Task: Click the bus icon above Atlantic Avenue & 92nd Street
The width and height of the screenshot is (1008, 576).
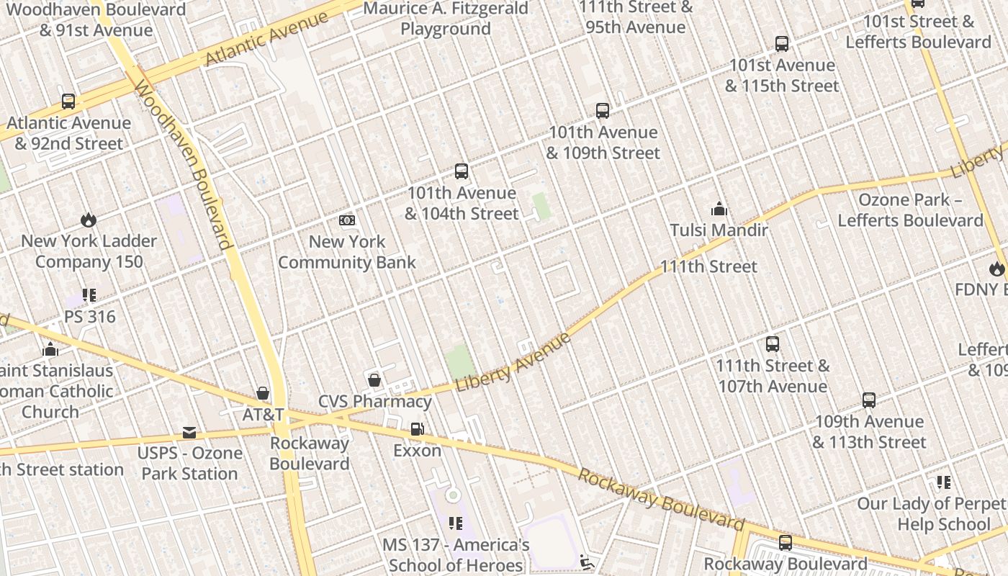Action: point(68,102)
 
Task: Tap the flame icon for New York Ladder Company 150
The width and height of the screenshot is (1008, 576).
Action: point(89,220)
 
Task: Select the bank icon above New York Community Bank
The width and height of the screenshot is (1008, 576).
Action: point(347,220)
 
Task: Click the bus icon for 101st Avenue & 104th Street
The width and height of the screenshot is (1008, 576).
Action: point(462,171)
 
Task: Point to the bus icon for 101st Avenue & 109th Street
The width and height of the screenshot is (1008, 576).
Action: point(603,111)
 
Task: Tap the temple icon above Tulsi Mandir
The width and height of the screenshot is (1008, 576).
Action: point(719,210)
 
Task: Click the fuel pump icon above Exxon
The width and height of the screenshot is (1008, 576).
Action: point(417,429)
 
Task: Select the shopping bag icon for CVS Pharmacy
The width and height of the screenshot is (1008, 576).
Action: point(374,379)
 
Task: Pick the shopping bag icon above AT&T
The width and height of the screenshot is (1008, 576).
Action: point(263,393)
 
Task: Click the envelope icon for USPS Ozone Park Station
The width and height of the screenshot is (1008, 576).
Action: point(189,432)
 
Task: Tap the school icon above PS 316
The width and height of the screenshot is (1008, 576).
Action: point(89,295)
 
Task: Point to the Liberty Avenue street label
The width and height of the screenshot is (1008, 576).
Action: point(513,362)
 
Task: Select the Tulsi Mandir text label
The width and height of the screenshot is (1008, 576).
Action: point(719,230)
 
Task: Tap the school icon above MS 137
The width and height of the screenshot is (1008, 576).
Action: point(455,523)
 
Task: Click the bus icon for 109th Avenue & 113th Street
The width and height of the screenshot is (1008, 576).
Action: point(869,400)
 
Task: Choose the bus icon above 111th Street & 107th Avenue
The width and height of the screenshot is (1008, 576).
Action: point(773,343)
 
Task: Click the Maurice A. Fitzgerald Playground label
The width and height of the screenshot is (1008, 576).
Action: point(446,19)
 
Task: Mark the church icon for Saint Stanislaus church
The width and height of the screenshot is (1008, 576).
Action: point(50,349)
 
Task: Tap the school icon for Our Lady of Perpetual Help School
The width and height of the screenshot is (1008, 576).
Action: point(943,482)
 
